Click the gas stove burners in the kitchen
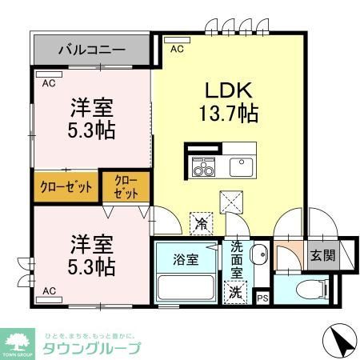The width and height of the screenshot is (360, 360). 204,168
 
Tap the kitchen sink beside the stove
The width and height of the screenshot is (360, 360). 241,166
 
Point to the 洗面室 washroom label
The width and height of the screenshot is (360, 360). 236,258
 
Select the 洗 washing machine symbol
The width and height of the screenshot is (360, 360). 236,293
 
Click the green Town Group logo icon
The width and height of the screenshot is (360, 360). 15,340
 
